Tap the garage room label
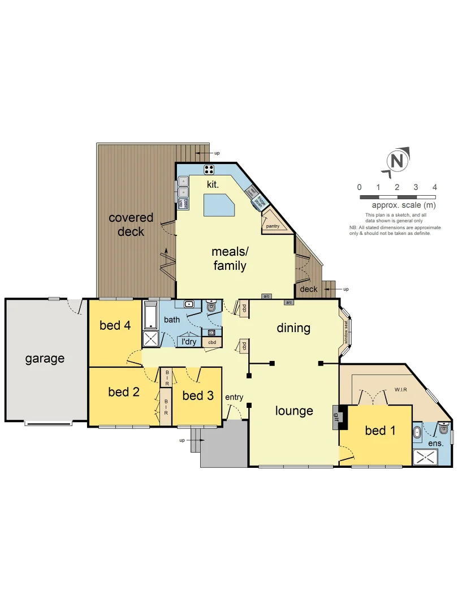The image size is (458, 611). point(45,358)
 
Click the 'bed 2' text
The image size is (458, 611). point(123,391)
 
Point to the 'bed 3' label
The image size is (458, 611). point(198,395)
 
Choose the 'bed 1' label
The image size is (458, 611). point(380,431)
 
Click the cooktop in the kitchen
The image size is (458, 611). point(209,169)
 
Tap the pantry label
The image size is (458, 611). point(273,226)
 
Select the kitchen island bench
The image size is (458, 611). point(219,204)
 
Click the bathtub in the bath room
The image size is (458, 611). point(151,316)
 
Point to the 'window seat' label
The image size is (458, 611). point(346,332)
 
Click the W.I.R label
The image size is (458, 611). point(401,390)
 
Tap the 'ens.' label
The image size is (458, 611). point(435,444)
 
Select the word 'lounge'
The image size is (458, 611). point(294,411)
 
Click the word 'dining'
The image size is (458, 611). point(293,328)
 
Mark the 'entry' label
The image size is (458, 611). point(234,397)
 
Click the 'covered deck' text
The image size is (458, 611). point(131,225)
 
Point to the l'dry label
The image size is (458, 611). point(188,342)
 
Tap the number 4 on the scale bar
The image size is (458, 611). point(434,187)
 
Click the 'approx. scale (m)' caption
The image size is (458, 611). point(404,205)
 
